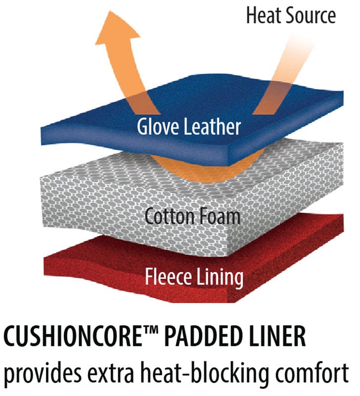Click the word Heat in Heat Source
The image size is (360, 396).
[264, 15]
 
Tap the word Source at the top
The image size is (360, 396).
[311, 15]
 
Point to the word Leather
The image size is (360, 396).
[213, 126]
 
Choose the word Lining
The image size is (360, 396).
[220, 278]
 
